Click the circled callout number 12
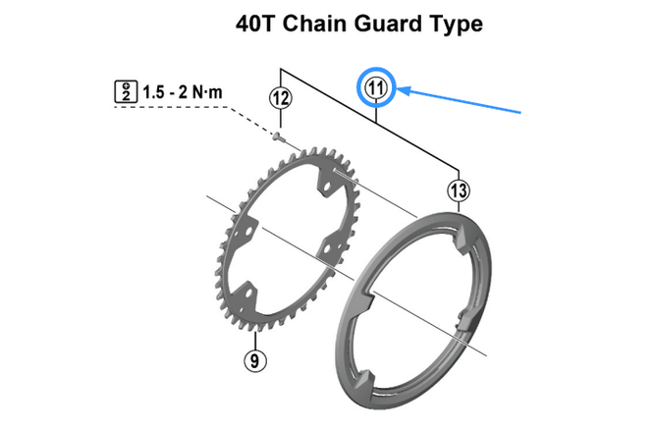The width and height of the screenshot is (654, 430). [281, 98]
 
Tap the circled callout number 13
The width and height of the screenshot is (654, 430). [458, 188]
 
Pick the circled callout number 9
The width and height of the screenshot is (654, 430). [254, 360]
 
